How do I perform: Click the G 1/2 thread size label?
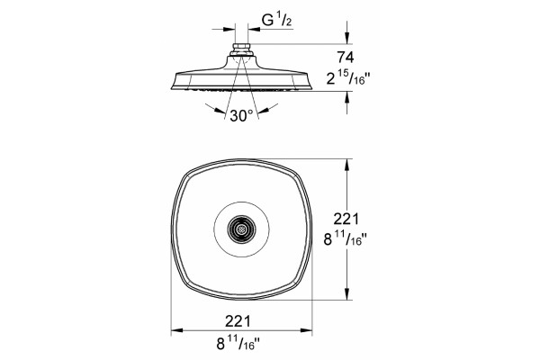276,21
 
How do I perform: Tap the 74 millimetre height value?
346,58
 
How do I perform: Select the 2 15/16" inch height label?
347,78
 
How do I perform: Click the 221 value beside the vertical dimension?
346,219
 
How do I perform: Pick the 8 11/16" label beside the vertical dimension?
345,238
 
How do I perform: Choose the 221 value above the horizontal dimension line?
238,321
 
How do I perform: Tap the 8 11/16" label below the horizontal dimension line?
238,343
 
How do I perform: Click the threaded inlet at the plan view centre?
241,229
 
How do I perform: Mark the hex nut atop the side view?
241,47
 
